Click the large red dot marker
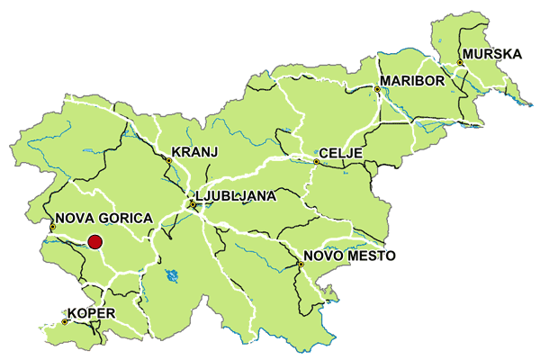[94, 240]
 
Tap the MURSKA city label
[492, 54]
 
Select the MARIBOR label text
[413, 81]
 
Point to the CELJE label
[342, 154]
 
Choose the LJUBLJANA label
[237, 194]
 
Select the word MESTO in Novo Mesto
[369, 256]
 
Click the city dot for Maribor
[376, 89]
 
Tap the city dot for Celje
[316, 162]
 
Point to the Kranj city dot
[168, 160]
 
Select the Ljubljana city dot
[192, 205]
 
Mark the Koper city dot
[66, 321]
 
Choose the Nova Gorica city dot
[52, 227]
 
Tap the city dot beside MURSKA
[459, 63]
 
